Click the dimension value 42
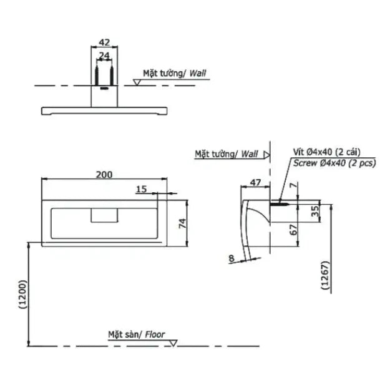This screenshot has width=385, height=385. pos(104,42)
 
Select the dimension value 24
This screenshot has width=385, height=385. pos(104,56)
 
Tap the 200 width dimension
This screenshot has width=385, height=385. pos(104,175)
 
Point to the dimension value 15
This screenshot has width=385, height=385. pos(141,189)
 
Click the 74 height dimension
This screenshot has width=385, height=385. pos(182,223)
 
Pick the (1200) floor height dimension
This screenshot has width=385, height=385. pos(22,294)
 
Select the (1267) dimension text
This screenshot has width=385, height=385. pos(325,275)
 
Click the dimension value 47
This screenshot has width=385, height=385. pos(255,183)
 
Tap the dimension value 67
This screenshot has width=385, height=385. pos(294,230)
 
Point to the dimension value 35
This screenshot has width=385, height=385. pos(315,211)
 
